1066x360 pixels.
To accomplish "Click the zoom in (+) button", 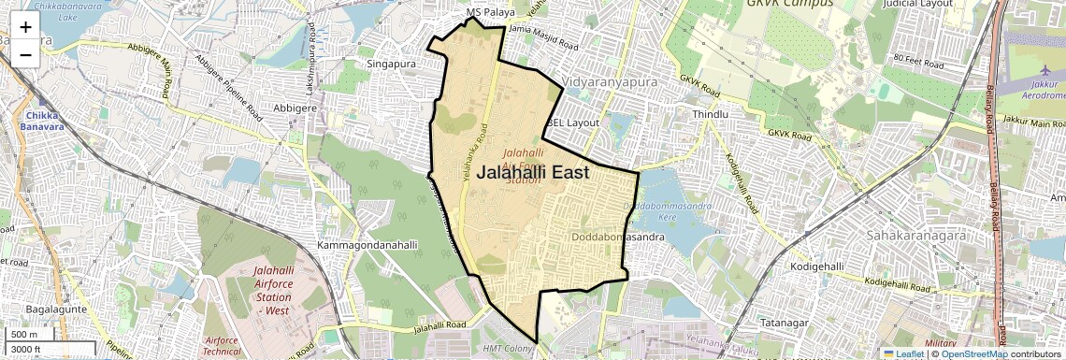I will (25, 26).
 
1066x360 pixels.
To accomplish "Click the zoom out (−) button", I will (25, 54).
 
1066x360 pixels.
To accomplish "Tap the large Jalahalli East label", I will (533, 173).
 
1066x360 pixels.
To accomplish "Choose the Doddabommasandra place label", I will (618, 238).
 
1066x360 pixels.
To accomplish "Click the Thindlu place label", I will (710, 114).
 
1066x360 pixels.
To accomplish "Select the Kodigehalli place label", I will (817, 266).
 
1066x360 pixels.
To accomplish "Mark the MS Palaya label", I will (492, 13).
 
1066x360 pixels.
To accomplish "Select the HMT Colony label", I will (504, 349).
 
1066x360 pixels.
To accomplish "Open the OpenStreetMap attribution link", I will (973, 353).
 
